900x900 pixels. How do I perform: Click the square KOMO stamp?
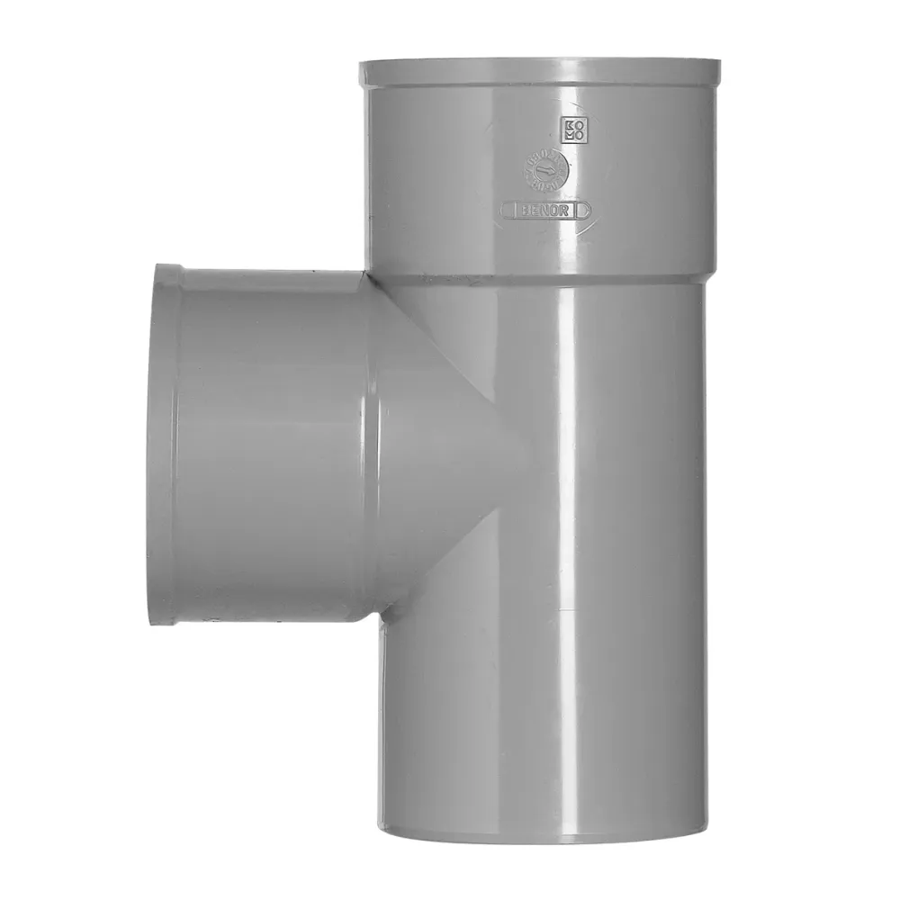point(572,129)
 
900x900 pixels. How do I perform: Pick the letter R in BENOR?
point(565,210)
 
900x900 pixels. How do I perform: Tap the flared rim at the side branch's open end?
point(164,441)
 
